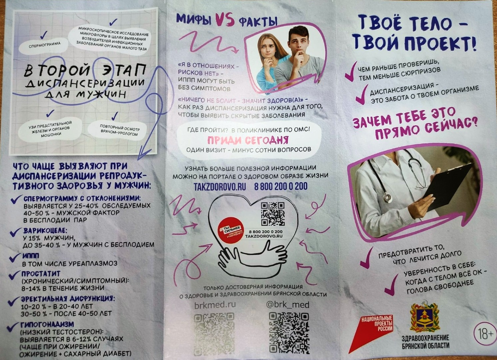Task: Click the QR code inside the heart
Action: tap(273, 214)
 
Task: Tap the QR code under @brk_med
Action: tap(289, 333)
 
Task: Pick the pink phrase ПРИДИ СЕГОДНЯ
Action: tap(248, 140)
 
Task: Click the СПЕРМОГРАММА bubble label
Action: tap(45, 46)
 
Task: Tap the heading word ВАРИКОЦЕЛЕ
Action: tap(45, 230)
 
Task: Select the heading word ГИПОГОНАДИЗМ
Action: tap(47, 324)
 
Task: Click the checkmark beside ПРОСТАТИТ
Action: tap(15, 275)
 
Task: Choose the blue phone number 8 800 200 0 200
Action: tap(281, 187)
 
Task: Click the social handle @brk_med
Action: tap(287, 304)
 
